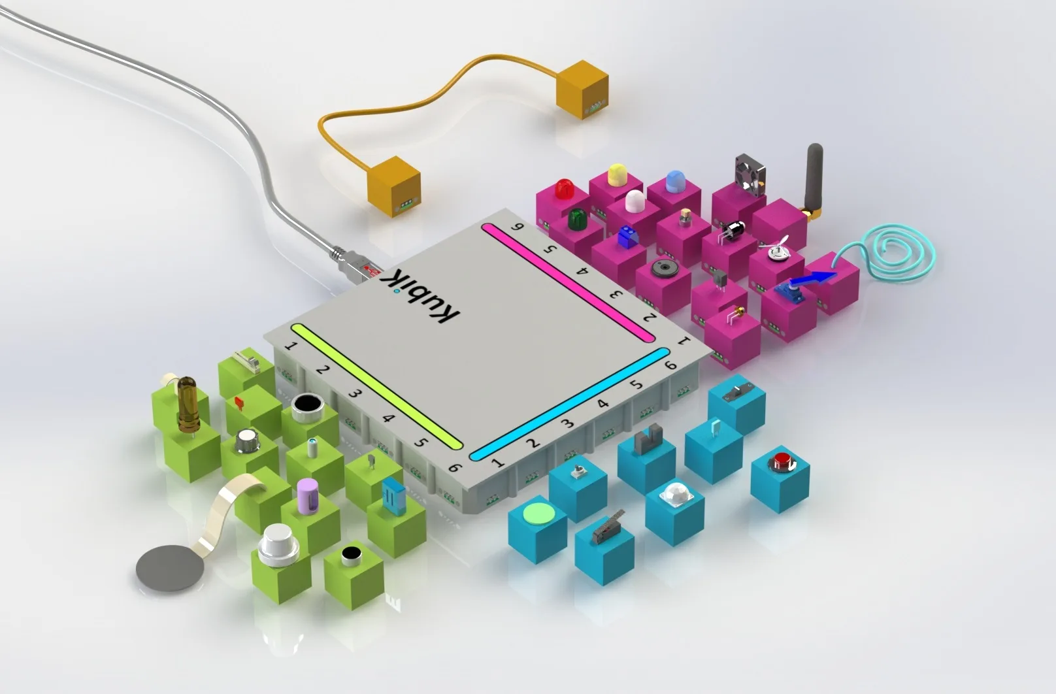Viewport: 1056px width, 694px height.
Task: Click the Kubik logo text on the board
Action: (x=420, y=295)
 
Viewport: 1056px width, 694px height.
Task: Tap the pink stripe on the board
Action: (x=568, y=282)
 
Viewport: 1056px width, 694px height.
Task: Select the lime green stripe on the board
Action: (x=376, y=386)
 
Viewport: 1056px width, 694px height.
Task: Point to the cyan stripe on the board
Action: (x=569, y=404)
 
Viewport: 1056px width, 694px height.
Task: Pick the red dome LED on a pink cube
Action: (x=563, y=188)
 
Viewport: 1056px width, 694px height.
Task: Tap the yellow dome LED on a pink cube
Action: (x=616, y=174)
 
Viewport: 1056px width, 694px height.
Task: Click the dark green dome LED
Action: (x=576, y=220)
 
